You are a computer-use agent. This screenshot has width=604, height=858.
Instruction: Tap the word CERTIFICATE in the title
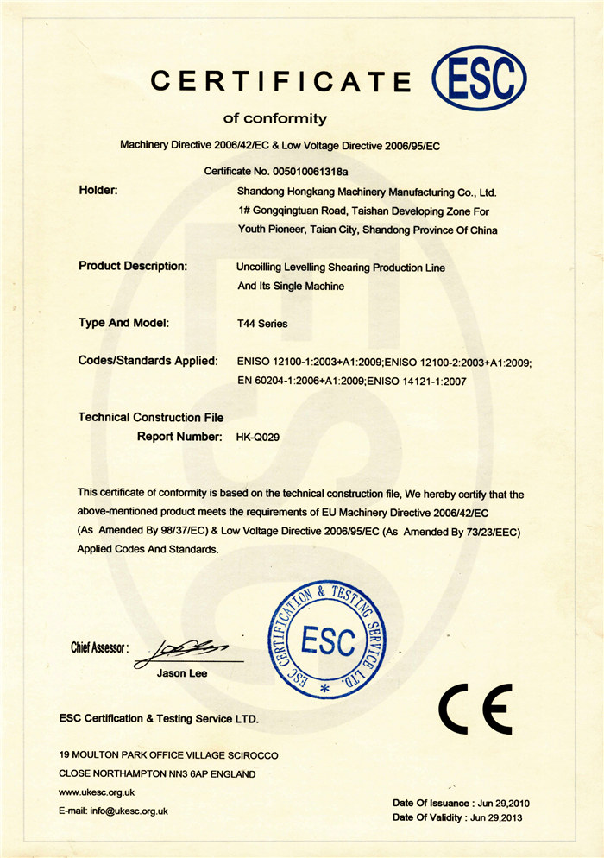coord(281,81)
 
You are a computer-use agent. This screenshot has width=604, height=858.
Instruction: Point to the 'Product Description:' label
coord(133,266)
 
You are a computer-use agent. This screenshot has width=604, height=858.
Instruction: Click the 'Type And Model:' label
coord(123,323)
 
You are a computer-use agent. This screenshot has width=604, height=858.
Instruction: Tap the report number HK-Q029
coord(258,438)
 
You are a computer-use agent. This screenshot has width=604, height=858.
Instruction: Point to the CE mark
coord(475,709)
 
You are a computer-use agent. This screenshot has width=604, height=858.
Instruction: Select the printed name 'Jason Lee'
coord(182,673)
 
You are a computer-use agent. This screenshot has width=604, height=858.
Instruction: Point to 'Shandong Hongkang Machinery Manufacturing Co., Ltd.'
coord(367,192)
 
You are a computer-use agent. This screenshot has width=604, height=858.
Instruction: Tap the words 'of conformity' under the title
coord(275,118)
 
